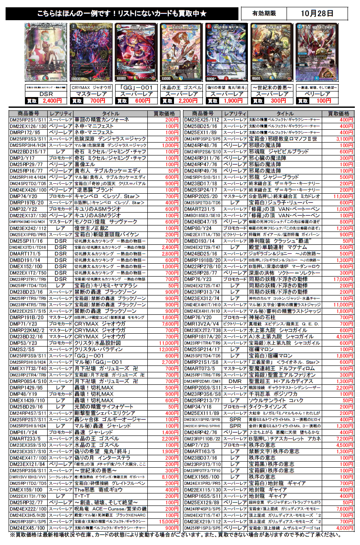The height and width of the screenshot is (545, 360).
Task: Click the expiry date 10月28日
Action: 318,13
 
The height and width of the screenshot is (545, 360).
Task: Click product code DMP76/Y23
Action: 198,279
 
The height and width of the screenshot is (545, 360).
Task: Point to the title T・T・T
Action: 80,496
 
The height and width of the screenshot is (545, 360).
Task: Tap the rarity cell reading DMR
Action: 235,381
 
